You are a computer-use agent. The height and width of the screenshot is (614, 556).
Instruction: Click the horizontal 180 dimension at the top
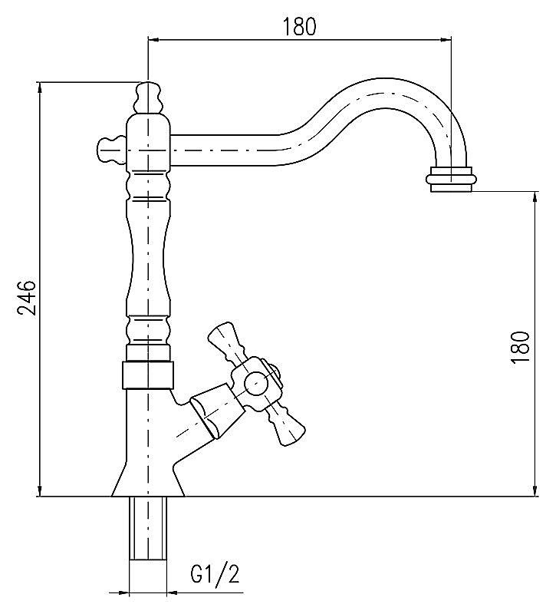pos(299,26)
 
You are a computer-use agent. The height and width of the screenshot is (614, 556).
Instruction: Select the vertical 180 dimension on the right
pos(520,346)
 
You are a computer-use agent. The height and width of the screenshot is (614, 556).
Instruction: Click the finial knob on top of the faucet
pos(148,97)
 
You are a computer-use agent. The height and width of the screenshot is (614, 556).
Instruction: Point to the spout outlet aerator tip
pos(452,181)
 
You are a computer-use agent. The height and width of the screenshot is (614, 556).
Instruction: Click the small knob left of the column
pos(109,147)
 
